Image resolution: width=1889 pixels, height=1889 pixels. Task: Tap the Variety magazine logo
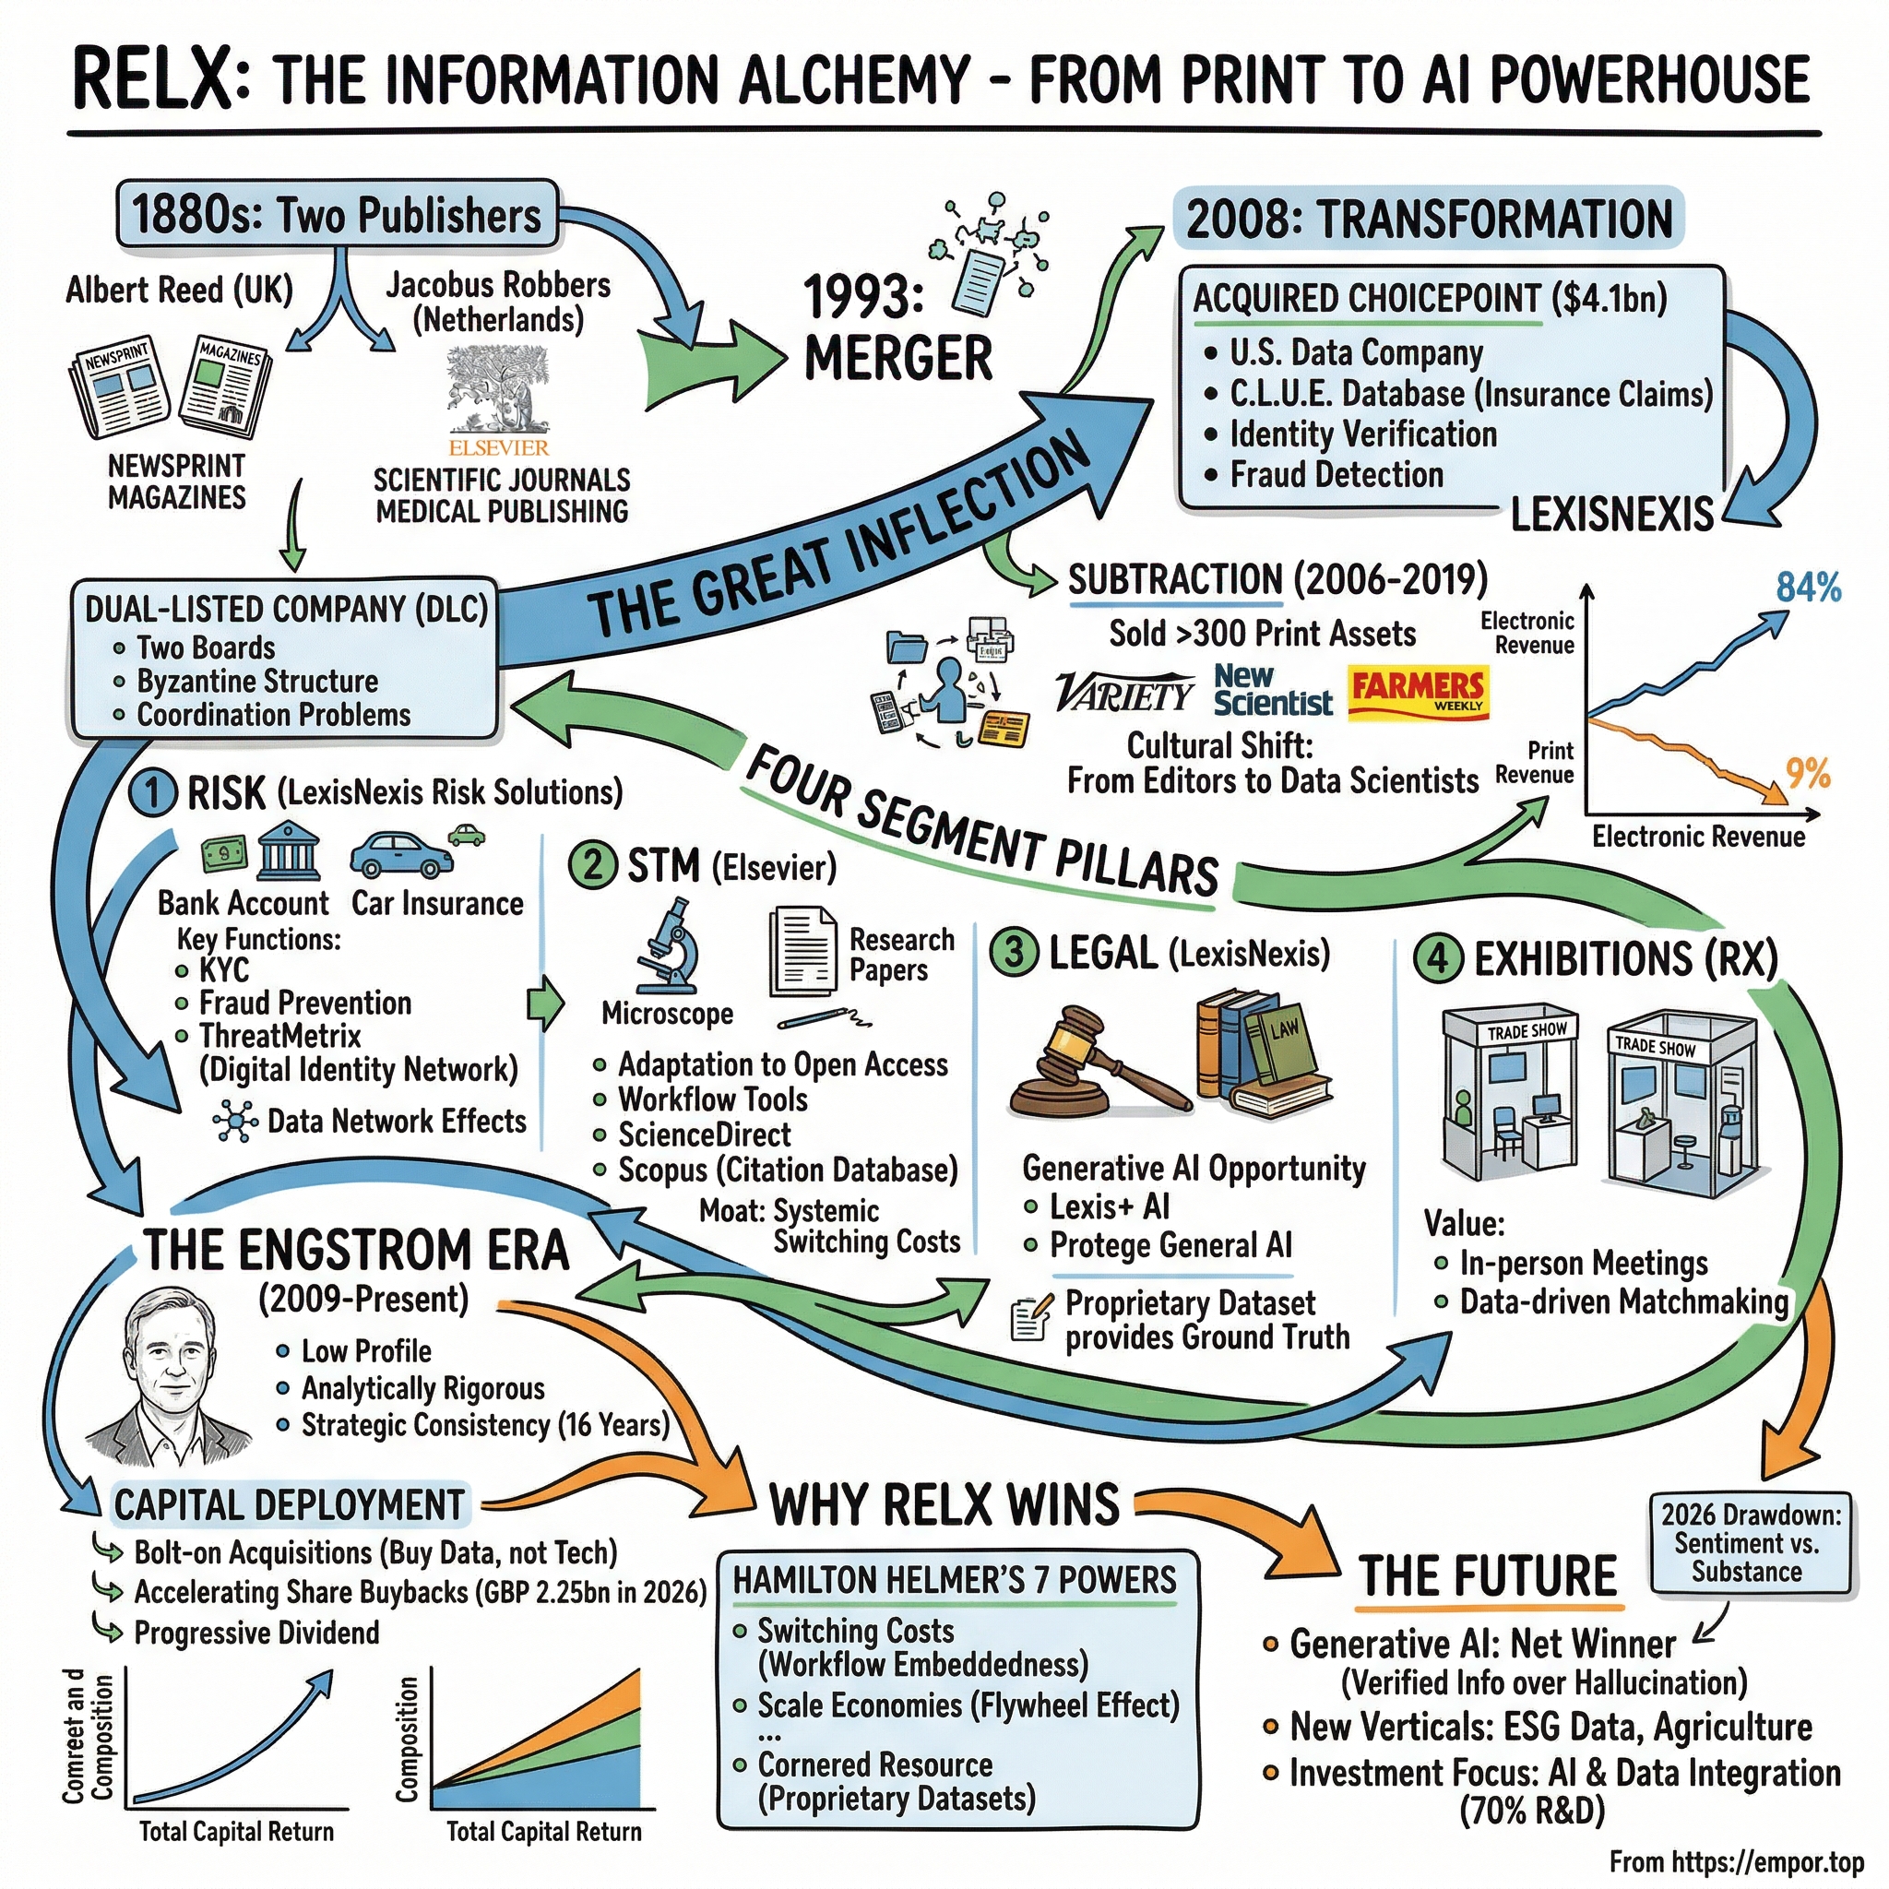point(1124,694)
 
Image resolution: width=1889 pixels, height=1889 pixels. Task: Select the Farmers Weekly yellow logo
point(1418,693)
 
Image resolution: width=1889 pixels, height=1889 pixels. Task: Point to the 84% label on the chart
point(1808,588)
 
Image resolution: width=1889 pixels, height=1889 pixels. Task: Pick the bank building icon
point(290,851)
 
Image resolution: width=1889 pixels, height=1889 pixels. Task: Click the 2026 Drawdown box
point(1748,1543)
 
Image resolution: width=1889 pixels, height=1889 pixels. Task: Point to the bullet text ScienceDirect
point(704,1135)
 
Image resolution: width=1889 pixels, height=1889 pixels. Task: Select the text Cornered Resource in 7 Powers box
point(875,1764)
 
